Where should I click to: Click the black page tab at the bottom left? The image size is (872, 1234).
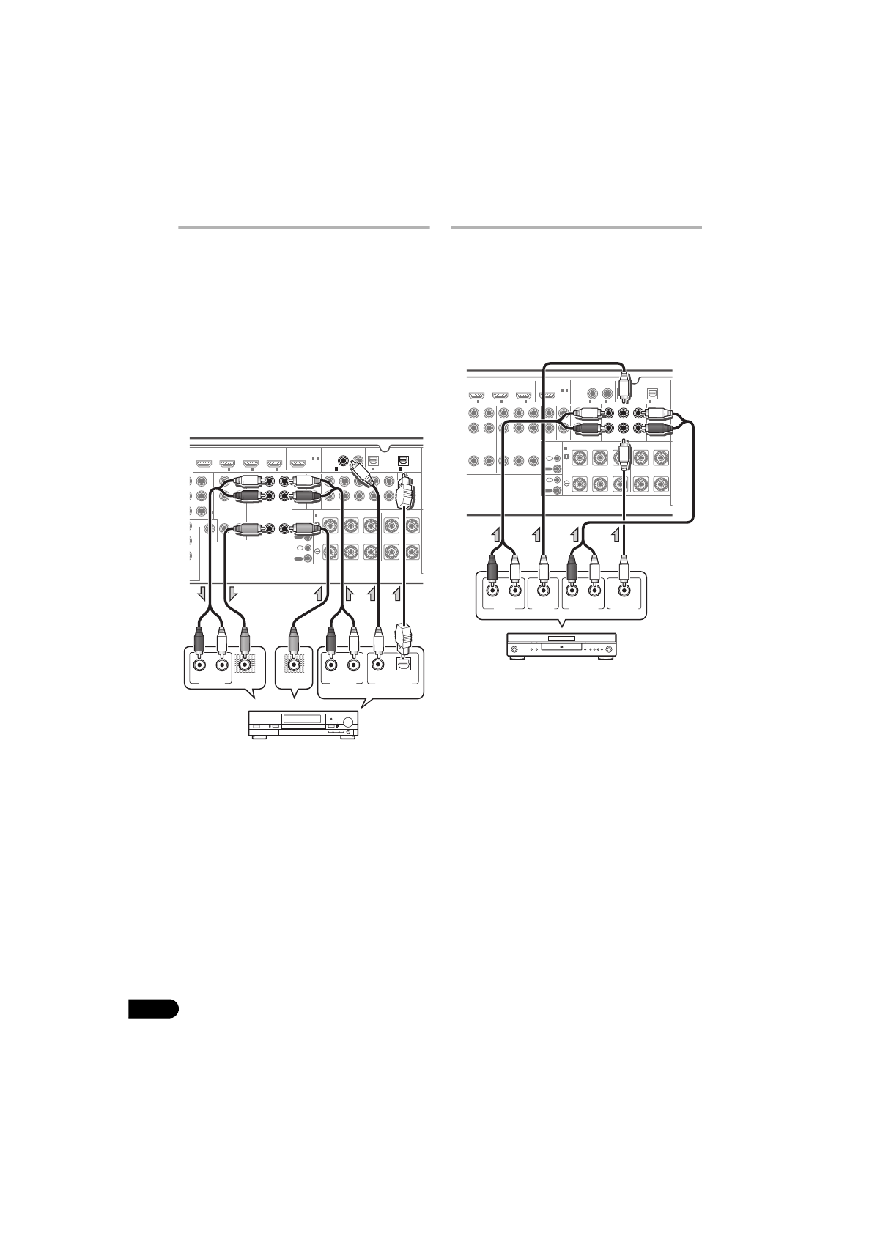(x=153, y=1008)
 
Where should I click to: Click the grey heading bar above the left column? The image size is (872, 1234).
(x=303, y=228)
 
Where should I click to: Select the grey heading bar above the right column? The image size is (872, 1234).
(x=576, y=228)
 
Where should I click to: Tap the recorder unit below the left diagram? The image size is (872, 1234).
(x=303, y=725)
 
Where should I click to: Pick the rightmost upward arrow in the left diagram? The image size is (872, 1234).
(x=399, y=592)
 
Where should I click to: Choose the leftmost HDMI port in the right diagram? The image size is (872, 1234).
(x=477, y=396)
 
